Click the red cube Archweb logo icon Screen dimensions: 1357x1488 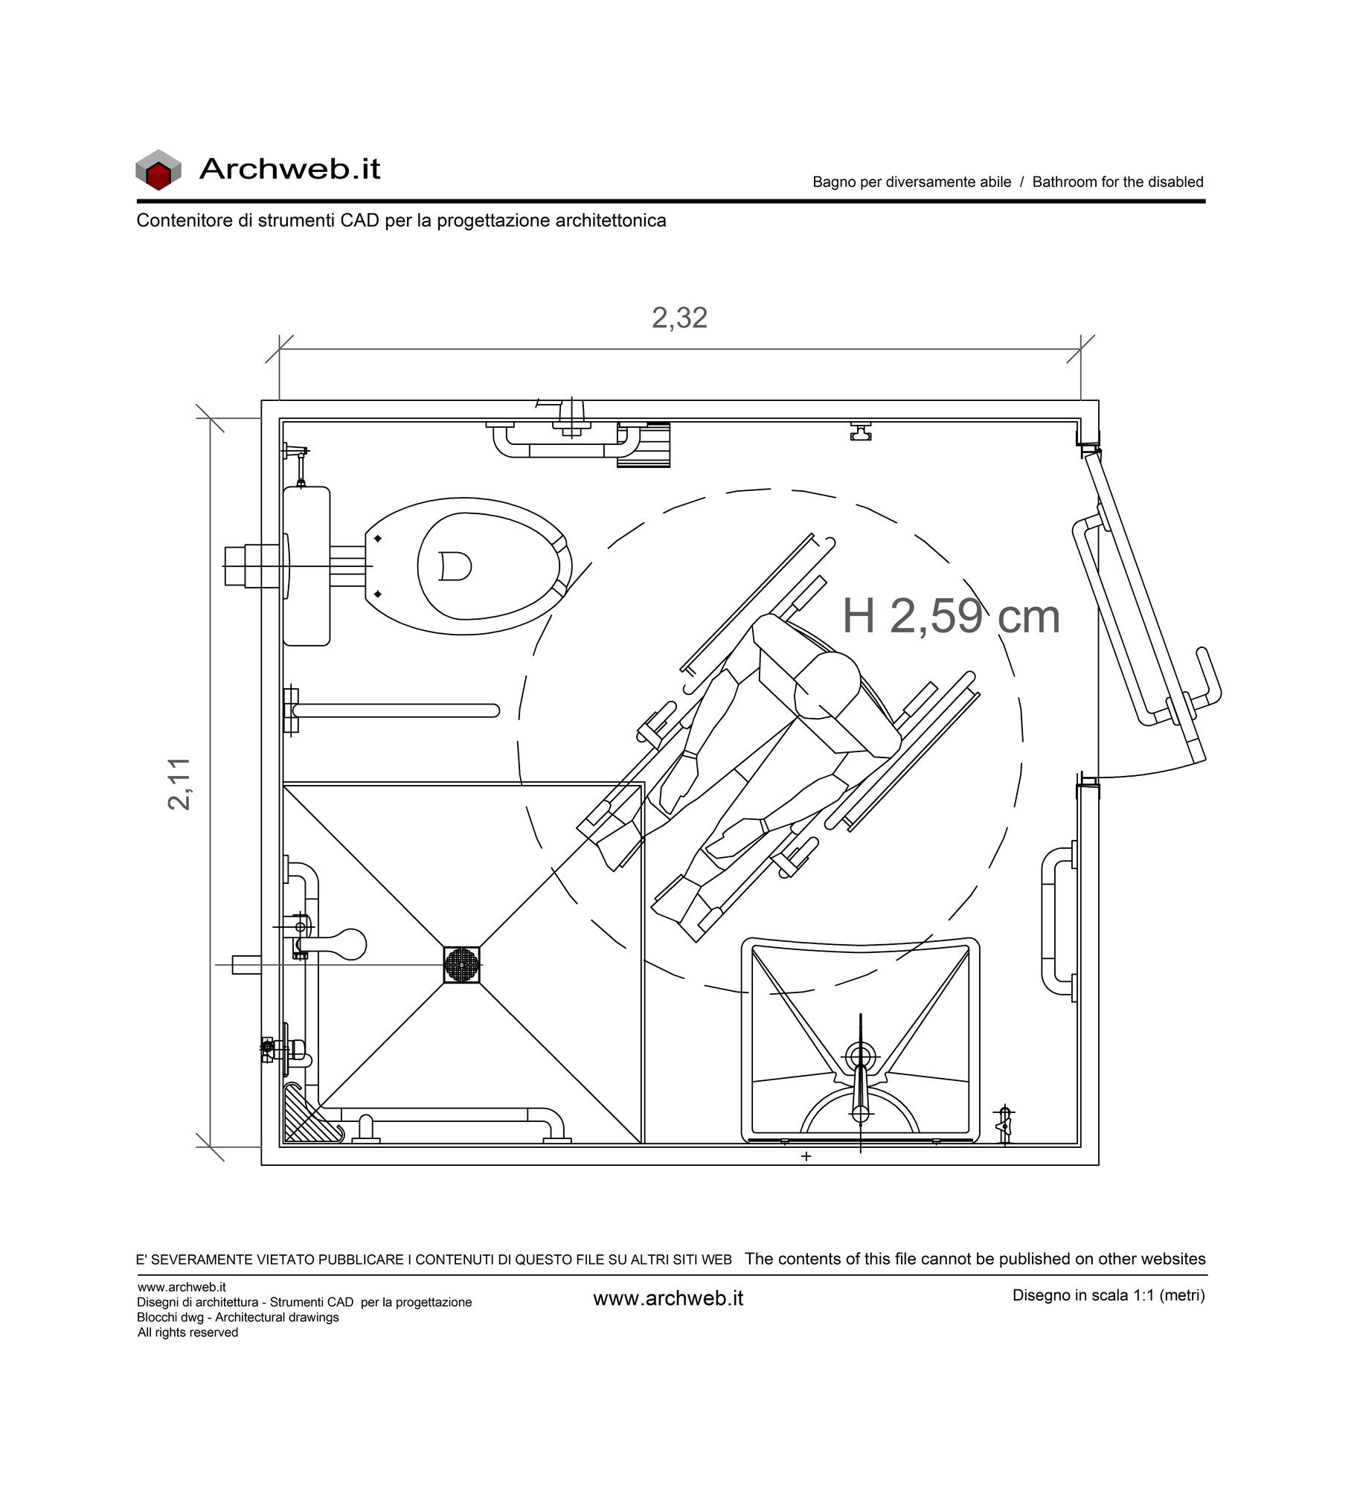pyautogui.click(x=158, y=170)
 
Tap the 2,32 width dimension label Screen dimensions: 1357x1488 pyautogui.click(x=679, y=318)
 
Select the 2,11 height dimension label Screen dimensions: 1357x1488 pyautogui.click(x=179, y=783)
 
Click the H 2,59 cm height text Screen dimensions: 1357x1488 pyautogui.click(x=951, y=616)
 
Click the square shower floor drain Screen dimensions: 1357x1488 pyautogui.click(x=461, y=965)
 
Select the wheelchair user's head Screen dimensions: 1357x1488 pyautogui.click(x=827, y=685)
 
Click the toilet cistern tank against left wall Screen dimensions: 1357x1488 pyautogui.click(x=307, y=566)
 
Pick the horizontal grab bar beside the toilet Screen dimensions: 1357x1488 pyautogui.click(x=392, y=711)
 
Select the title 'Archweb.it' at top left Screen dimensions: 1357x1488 pyautogui.click(x=289, y=169)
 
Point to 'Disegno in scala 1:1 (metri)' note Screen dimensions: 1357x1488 pyautogui.click(x=1109, y=1295)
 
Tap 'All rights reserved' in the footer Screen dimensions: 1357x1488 pyautogui.click(x=187, y=1333)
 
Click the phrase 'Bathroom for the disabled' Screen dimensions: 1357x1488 pyautogui.click(x=1117, y=182)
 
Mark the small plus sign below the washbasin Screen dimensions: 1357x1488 pyautogui.click(x=806, y=1156)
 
